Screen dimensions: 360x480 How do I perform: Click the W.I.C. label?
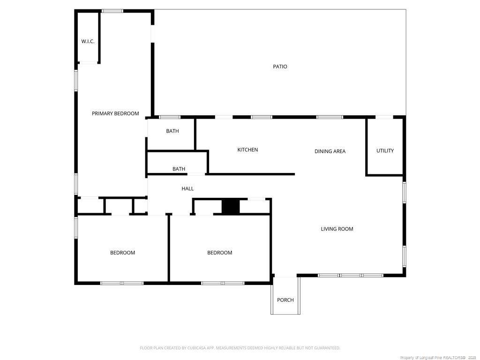pyautogui.click(x=88, y=41)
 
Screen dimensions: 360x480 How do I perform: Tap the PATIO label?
pyautogui.click(x=280, y=67)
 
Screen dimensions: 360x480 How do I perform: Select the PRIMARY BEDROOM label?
pyautogui.click(x=115, y=113)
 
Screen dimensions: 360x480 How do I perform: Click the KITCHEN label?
pyautogui.click(x=247, y=150)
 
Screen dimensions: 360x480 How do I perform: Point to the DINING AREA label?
pyautogui.click(x=330, y=151)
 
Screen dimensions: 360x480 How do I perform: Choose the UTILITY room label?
pyautogui.click(x=385, y=150)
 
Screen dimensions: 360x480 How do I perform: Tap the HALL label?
pyautogui.click(x=187, y=188)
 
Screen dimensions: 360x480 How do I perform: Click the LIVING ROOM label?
pyautogui.click(x=337, y=229)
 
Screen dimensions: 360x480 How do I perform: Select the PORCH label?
pyautogui.click(x=285, y=300)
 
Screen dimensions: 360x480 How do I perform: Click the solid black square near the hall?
pyautogui.click(x=230, y=207)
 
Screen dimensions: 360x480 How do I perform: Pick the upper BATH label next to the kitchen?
pyautogui.click(x=172, y=131)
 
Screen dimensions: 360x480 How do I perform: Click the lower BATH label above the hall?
pyautogui.click(x=179, y=169)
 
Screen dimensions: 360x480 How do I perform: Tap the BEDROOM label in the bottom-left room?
pyautogui.click(x=122, y=253)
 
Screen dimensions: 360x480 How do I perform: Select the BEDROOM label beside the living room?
pyautogui.click(x=219, y=253)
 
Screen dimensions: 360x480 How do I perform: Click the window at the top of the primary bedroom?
pyautogui.click(x=112, y=11)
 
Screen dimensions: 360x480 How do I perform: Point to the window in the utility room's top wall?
pyautogui.click(x=384, y=117)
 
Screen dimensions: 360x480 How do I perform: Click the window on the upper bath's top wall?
pyautogui.click(x=170, y=117)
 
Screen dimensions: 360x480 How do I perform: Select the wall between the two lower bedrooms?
pyautogui.click(x=169, y=248)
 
